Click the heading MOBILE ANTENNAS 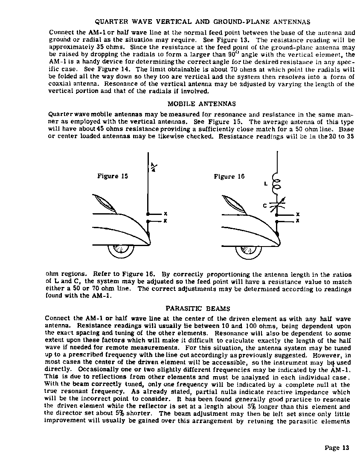(x=201, y=104)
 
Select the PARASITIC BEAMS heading (x=197, y=308)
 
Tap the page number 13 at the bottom (x=337, y=447)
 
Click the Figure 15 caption (x=113, y=176)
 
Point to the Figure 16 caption (x=229, y=176)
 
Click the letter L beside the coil (x=265, y=184)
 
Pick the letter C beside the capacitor (x=265, y=206)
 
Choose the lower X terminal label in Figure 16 (x=298, y=221)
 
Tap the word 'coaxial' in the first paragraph (x=61, y=84)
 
